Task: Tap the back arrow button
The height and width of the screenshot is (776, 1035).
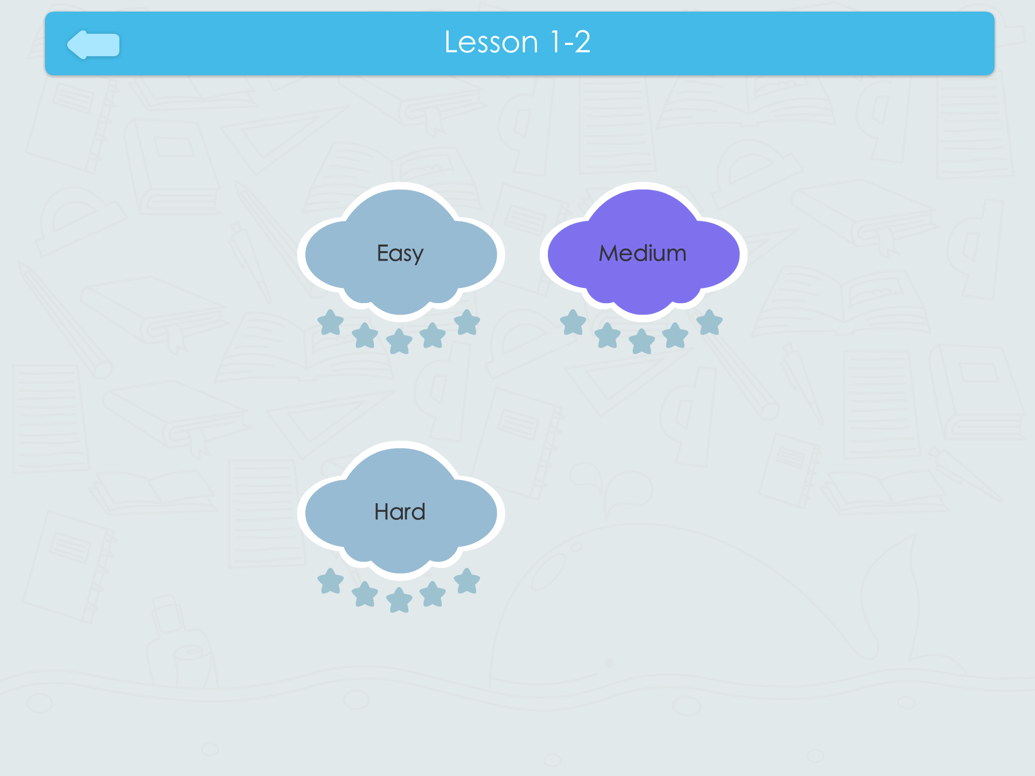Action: tap(93, 44)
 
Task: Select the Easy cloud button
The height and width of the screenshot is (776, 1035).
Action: tap(401, 252)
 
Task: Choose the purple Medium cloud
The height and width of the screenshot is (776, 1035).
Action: tap(643, 252)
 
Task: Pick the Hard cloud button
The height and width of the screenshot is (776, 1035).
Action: tap(401, 511)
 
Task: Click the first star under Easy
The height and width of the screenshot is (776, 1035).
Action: tap(331, 323)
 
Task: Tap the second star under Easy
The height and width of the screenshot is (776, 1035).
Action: tap(365, 336)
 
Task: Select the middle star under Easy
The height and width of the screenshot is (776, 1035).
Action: tap(400, 342)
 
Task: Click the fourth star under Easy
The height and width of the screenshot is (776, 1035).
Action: tap(433, 335)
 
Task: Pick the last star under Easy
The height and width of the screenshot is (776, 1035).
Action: tap(467, 323)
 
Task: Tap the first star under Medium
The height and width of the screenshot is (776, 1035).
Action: tap(573, 323)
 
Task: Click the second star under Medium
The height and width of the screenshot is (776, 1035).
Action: tap(607, 336)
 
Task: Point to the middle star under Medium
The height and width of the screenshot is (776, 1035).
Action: tap(642, 342)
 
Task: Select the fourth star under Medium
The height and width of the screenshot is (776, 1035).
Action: tap(676, 335)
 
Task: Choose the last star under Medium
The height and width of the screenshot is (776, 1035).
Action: tap(710, 323)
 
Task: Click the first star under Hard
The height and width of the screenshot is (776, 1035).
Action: tap(331, 581)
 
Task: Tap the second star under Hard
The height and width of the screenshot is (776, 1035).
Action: tap(365, 595)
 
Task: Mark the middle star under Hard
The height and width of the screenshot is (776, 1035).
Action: tap(400, 600)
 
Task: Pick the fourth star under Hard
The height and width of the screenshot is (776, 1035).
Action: tap(433, 594)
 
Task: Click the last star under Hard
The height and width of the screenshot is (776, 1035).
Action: tap(467, 581)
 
